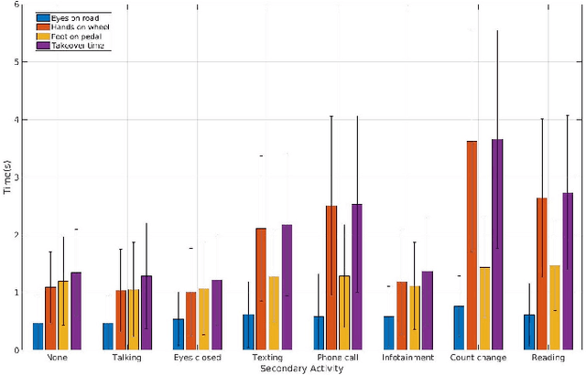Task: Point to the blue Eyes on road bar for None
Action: [x=38, y=336]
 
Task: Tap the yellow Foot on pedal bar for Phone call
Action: [x=344, y=312]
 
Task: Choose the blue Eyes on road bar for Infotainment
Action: [x=388, y=332]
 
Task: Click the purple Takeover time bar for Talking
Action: [x=147, y=312]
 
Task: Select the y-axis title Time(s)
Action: [x=6, y=177]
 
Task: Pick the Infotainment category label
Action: [x=401, y=358]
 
